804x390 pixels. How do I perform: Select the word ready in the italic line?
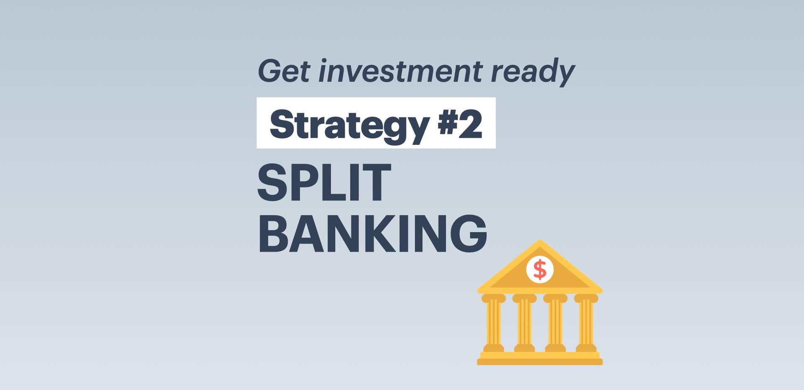click(533, 72)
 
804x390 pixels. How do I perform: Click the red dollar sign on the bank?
click(540, 269)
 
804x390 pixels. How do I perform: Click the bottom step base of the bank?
click(540, 362)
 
